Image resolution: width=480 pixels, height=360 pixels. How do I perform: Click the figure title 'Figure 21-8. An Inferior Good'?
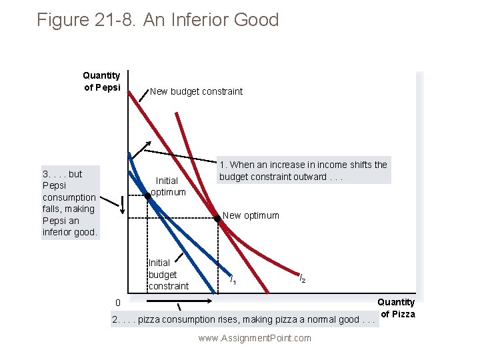click(158, 20)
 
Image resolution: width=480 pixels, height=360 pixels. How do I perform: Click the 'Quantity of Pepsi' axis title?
click(101, 81)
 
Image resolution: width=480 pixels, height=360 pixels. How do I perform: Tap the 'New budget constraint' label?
click(196, 91)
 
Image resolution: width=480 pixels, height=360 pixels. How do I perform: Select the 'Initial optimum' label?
click(167, 186)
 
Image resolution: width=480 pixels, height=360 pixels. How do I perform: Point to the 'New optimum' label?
click(251, 215)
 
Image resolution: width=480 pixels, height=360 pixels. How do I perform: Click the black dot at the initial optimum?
click(148, 196)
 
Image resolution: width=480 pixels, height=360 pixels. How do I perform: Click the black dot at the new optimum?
click(217, 218)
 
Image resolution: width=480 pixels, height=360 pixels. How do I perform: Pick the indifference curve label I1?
click(231, 279)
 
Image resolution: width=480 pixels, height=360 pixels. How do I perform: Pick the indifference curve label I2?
click(302, 278)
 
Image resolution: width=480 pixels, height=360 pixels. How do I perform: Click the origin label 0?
click(117, 303)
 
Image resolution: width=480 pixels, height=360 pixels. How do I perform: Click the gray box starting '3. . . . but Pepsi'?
click(71, 203)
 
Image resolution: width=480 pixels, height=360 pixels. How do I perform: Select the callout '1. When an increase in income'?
click(303, 171)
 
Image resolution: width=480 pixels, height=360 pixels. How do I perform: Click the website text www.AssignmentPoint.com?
click(255, 338)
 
